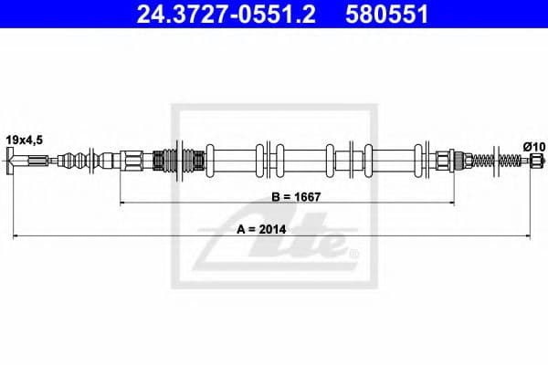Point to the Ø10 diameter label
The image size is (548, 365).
click(x=534, y=146)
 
